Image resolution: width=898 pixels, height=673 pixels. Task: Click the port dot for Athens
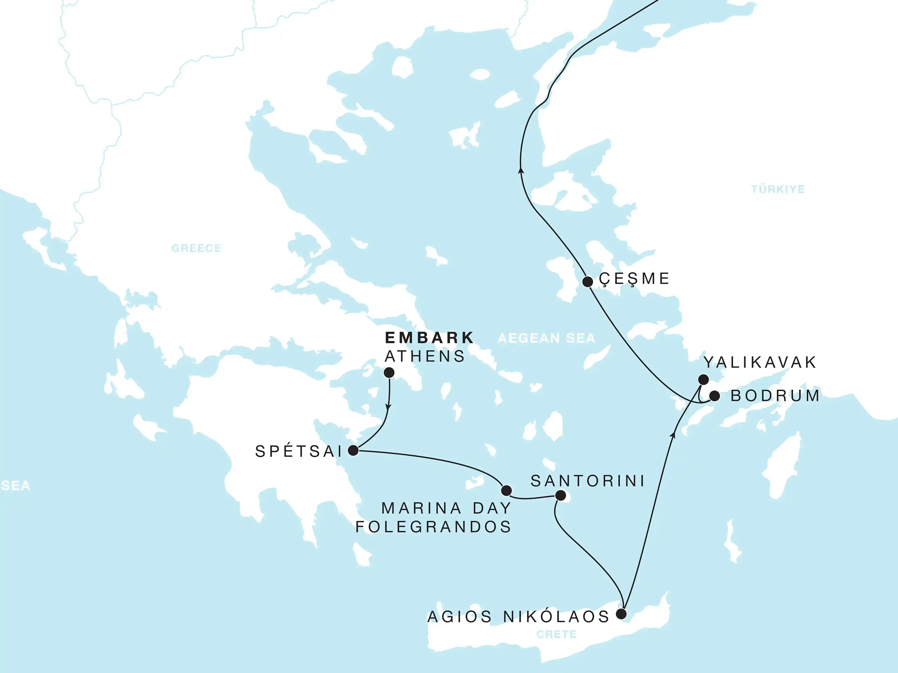coord(389,372)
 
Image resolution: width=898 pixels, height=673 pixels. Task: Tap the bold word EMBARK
coord(429,337)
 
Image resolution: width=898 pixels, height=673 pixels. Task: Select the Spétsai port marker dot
coord(353,450)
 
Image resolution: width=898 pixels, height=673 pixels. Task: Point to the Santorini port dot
coord(560,495)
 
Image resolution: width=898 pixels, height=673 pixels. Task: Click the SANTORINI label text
coord(588,481)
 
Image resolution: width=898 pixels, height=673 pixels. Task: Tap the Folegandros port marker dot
coord(506,490)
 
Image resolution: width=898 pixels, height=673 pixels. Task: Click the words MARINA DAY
coord(446,508)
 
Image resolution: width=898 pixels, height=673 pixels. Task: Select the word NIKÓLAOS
coord(556,617)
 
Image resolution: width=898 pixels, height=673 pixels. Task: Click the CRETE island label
coord(556,634)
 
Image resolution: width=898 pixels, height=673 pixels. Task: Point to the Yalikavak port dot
coord(703,380)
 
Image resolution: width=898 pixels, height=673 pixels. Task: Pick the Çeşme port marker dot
coord(588,281)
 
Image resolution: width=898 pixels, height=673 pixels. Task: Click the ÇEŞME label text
coord(634,279)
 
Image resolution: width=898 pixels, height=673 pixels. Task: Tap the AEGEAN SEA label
coord(546,338)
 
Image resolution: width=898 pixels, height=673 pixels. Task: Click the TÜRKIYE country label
coord(777,189)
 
